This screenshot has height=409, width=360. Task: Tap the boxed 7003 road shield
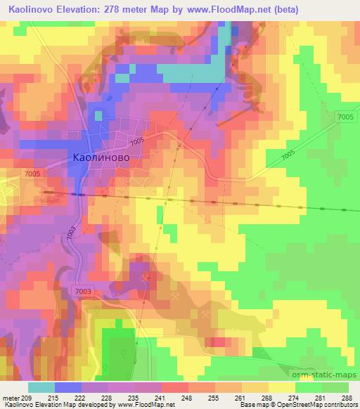pos(82,290)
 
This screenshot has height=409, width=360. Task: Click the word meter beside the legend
pos(11,398)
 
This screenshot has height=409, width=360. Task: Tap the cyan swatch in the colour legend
pos(41,387)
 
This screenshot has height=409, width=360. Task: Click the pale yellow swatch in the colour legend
pos(281,387)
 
